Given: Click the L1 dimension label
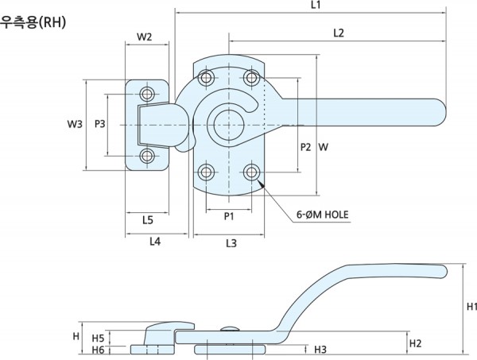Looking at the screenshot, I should (x=315, y=6).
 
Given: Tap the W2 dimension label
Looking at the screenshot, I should (x=145, y=37).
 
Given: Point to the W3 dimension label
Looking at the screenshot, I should (x=75, y=124).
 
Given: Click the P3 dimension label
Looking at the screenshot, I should (x=100, y=124).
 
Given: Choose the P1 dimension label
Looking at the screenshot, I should (x=229, y=215).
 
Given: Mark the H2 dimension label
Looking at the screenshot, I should (x=415, y=343).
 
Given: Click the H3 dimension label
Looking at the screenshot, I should (x=320, y=349).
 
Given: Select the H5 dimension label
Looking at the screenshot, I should (x=99, y=337).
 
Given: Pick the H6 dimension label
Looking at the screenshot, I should (x=99, y=350).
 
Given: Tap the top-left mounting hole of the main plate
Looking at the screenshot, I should (x=207, y=78).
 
